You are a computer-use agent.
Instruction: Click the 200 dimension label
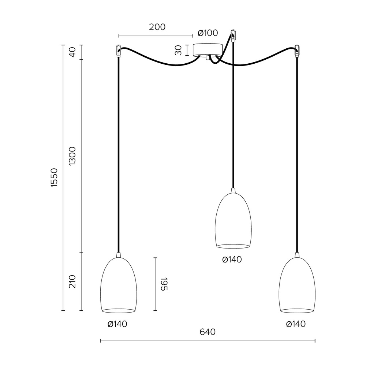pyautogui.click(x=157, y=27)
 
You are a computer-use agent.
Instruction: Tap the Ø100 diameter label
pyautogui.click(x=208, y=33)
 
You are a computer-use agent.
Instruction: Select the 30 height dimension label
pyautogui.click(x=178, y=50)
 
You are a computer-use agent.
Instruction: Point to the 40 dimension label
pyautogui.click(x=72, y=52)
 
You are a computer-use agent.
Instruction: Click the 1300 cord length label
pyautogui.click(x=72, y=156)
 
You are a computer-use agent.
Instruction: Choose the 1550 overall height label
pyautogui.click(x=54, y=178)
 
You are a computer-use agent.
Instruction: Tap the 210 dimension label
pyautogui.click(x=72, y=281)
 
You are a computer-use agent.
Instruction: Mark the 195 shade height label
pyautogui.click(x=164, y=284)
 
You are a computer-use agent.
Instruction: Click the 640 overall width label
pyautogui.click(x=208, y=332)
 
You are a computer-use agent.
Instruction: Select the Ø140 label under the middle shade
pyautogui.click(x=232, y=259)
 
